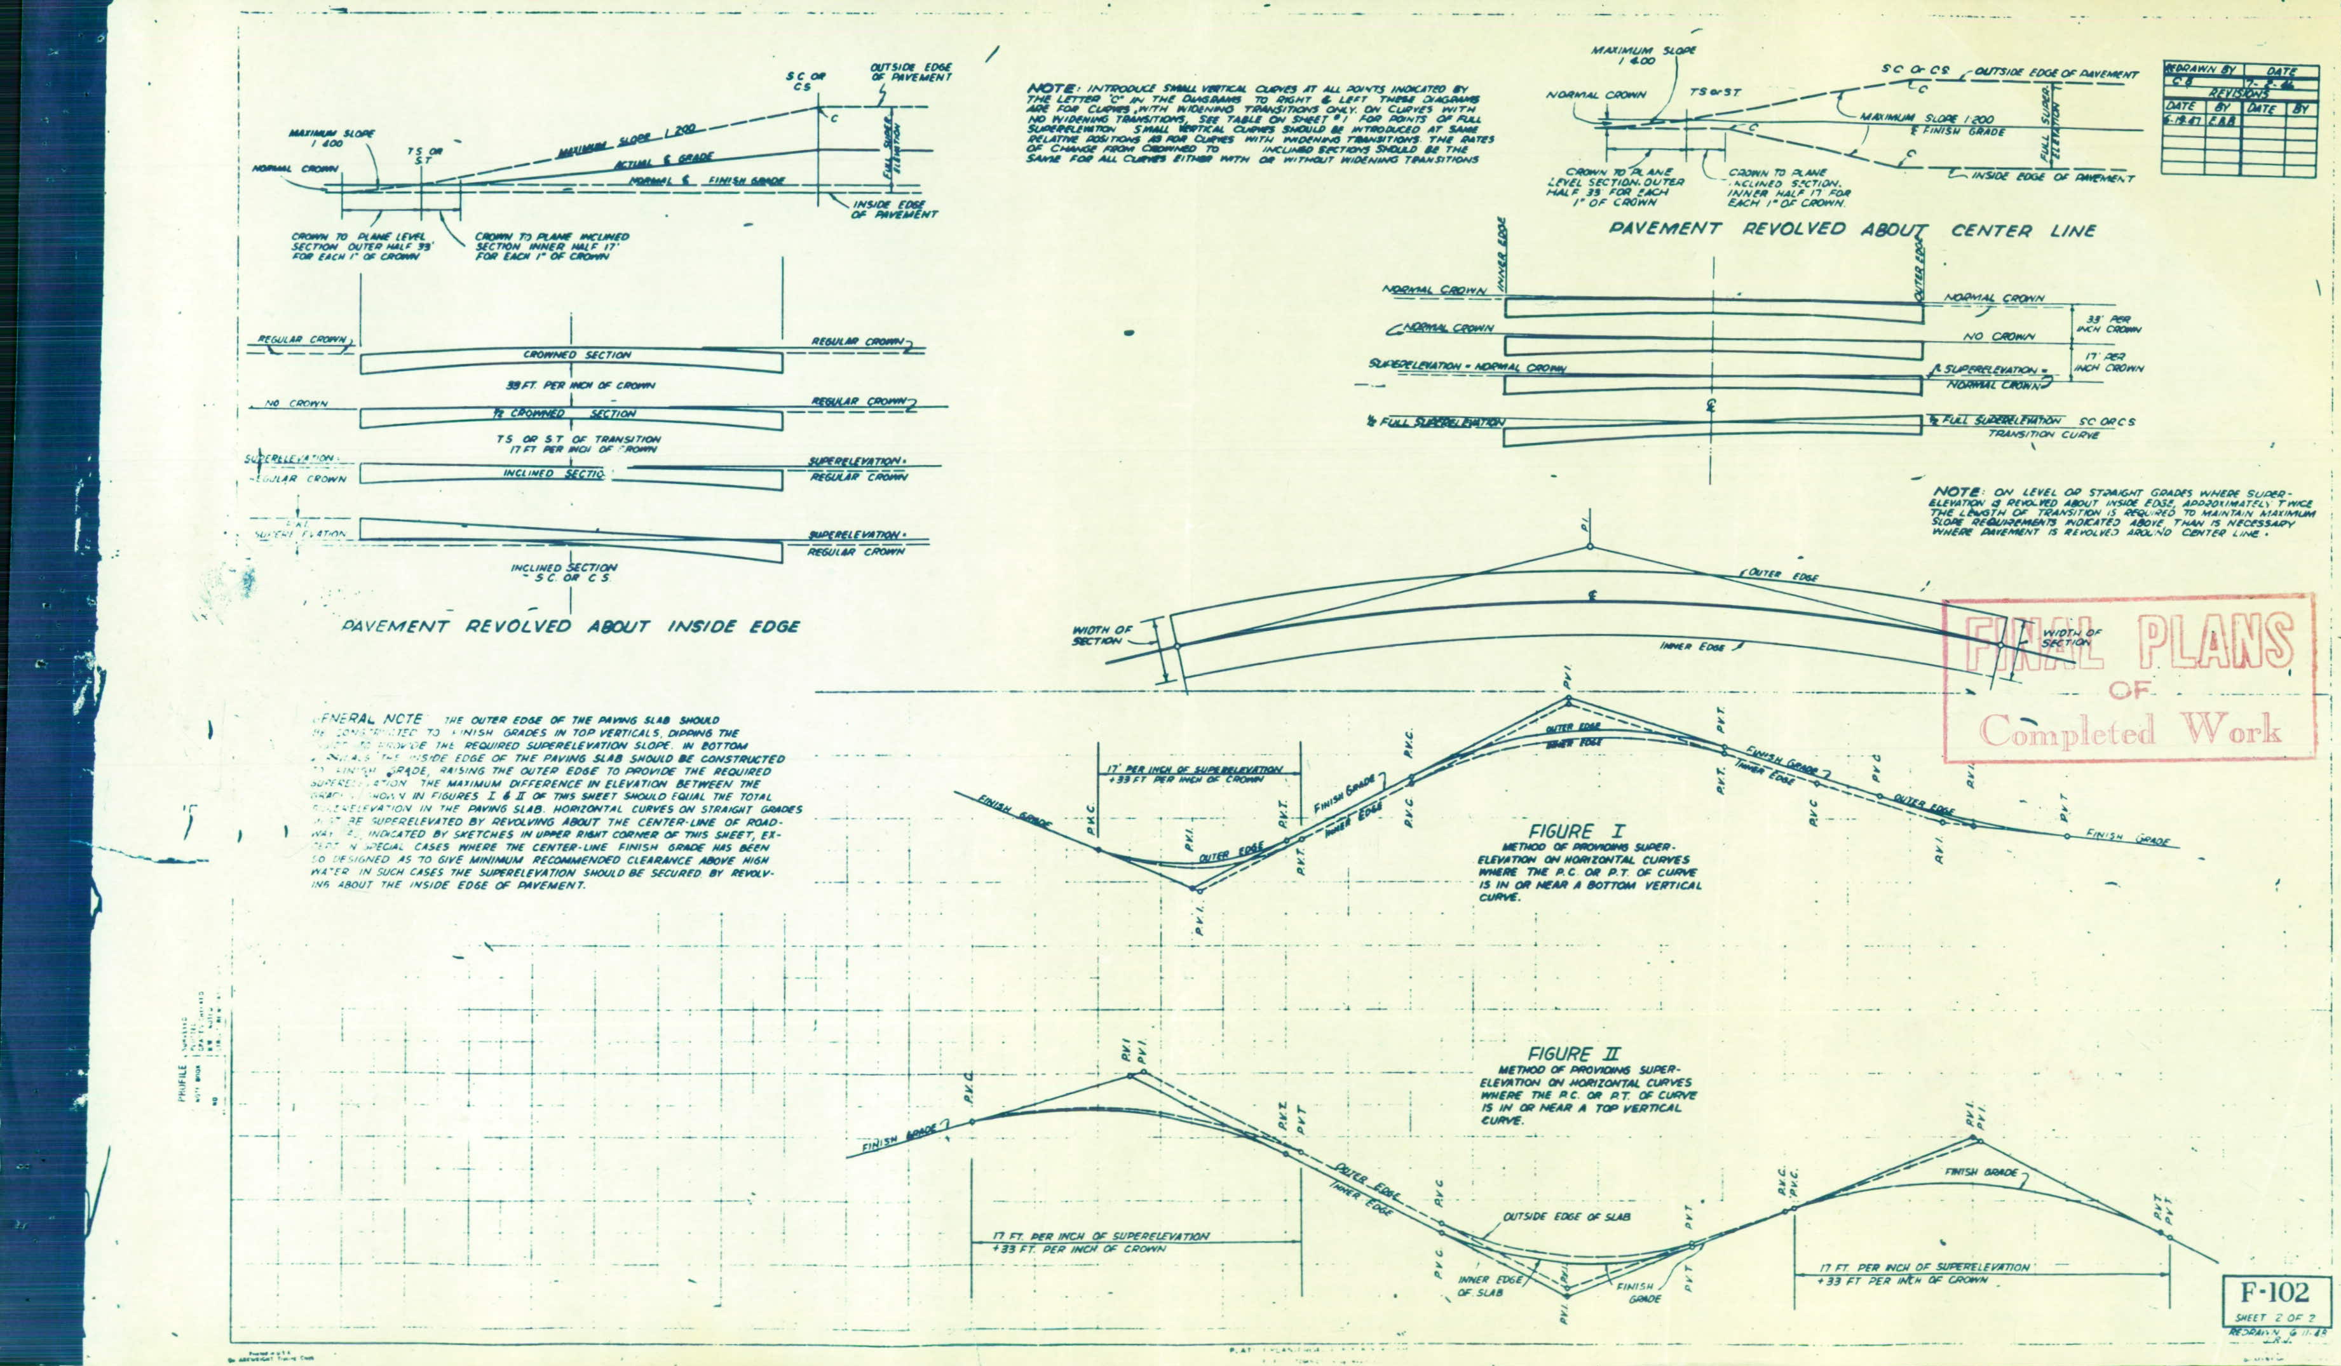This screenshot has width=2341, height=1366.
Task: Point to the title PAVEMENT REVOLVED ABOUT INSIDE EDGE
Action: pyautogui.click(x=569, y=627)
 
